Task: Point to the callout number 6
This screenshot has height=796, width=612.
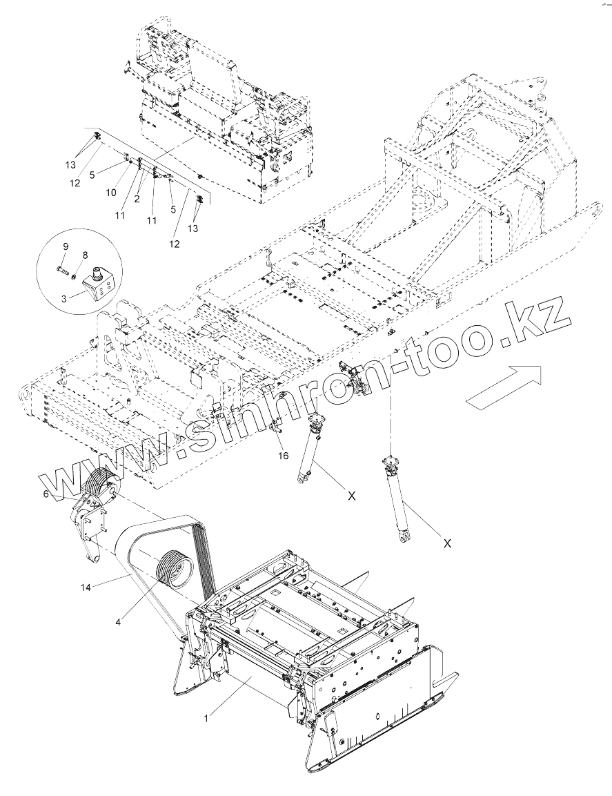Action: click(46, 494)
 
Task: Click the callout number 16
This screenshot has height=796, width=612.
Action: click(282, 456)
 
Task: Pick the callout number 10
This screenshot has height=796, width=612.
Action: click(112, 193)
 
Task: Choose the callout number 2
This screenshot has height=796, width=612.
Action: click(137, 199)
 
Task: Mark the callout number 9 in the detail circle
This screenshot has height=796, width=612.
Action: click(66, 246)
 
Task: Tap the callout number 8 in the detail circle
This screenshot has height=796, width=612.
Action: click(85, 255)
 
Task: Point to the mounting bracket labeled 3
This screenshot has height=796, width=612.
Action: click(100, 283)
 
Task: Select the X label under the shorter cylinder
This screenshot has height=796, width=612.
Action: click(351, 495)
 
